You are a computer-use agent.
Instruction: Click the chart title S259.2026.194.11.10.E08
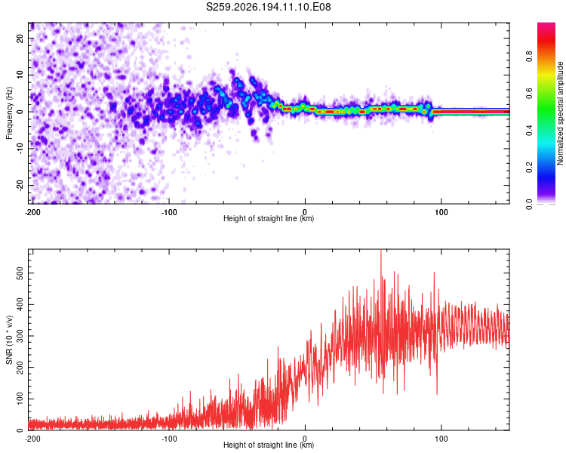point(268,7)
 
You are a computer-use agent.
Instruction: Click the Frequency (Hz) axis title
point(9,113)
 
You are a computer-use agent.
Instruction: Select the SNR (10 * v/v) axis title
point(9,340)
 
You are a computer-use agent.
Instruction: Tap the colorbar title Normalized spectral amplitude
point(560,113)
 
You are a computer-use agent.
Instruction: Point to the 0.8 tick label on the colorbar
point(529,57)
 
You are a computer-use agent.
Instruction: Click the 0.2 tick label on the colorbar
point(529,168)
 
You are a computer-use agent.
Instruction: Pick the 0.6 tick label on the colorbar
point(529,94)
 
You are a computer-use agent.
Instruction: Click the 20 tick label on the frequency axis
point(20,39)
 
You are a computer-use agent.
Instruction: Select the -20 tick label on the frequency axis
point(20,186)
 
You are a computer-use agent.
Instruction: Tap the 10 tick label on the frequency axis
point(20,75)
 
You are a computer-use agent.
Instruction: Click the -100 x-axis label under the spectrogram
point(168,212)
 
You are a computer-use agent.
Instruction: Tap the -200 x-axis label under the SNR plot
point(32,439)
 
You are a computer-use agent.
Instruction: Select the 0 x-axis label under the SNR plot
point(305,439)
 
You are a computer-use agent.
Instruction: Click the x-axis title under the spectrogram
point(269,218)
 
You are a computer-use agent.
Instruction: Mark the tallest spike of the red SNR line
point(381,251)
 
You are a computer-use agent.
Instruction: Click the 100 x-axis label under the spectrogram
point(441,212)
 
